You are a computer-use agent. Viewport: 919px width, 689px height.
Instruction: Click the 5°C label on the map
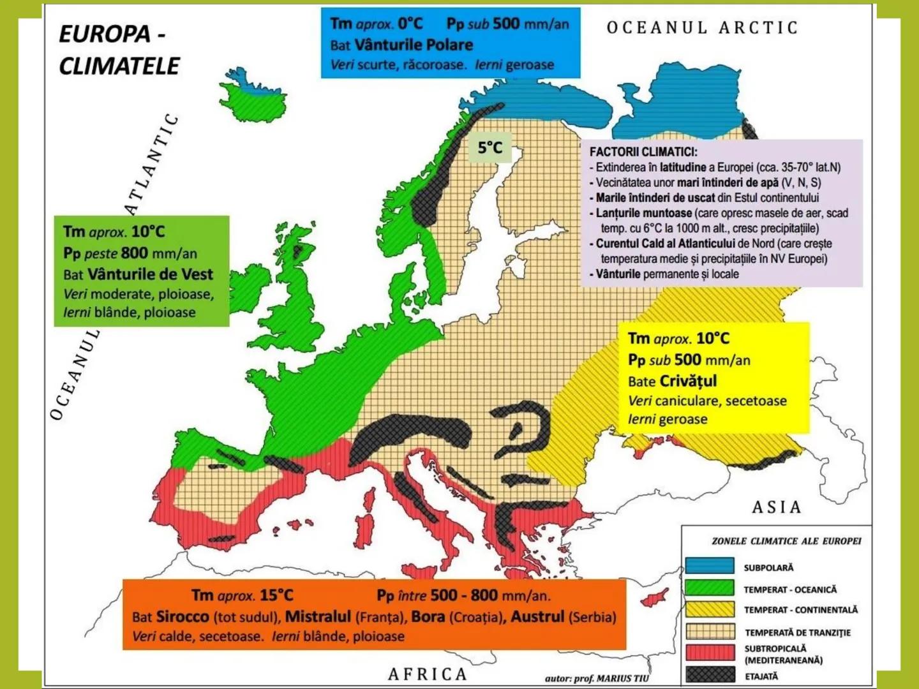490,148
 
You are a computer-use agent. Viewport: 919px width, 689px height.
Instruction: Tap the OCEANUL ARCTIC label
702,28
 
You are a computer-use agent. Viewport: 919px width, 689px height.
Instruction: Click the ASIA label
776,507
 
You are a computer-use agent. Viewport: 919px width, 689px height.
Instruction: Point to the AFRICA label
428,674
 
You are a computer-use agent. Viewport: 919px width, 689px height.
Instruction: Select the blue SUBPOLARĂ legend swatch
710,567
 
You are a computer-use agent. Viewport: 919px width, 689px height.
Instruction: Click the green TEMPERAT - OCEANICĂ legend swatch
710,588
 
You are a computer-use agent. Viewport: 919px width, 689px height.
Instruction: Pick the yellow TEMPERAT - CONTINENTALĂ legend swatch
710,609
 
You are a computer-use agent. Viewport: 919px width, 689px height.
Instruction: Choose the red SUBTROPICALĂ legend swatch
710,653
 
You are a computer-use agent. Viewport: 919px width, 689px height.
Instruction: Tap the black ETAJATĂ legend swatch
710,675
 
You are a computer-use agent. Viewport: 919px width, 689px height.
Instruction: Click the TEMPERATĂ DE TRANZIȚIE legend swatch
710,632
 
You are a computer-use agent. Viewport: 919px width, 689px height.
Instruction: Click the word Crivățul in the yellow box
688,381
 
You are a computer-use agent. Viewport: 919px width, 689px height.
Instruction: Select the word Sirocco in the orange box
183,617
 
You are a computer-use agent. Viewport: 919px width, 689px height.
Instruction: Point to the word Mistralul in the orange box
318,617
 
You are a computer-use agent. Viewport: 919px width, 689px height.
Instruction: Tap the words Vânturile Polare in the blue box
414,45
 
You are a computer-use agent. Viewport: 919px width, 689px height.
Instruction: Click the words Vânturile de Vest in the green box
150,274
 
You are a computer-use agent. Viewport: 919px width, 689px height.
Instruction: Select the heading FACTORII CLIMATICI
643,152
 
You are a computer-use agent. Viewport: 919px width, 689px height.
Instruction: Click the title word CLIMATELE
119,66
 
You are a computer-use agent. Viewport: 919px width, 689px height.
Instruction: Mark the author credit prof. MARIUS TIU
611,678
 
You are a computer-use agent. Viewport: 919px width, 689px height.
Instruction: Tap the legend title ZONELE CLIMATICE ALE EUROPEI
786,541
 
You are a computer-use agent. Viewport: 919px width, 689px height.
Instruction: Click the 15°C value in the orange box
276,595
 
